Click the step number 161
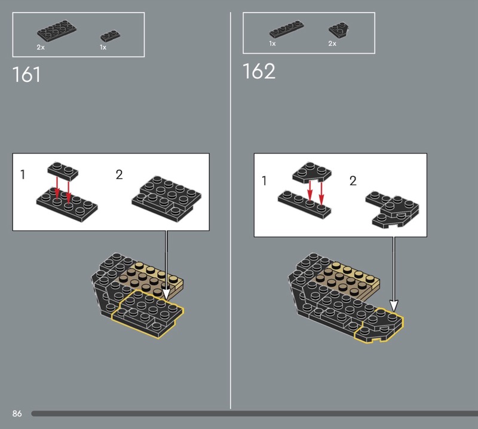[26, 75]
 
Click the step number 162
[259, 71]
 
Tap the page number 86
[17, 413]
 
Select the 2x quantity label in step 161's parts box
[41, 47]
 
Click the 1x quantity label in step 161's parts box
[103, 47]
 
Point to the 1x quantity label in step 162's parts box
[272, 44]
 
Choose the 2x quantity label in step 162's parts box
[332, 44]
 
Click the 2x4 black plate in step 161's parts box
[57, 31]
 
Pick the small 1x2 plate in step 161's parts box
[110, 36]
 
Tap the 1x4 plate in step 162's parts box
[287, 29]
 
